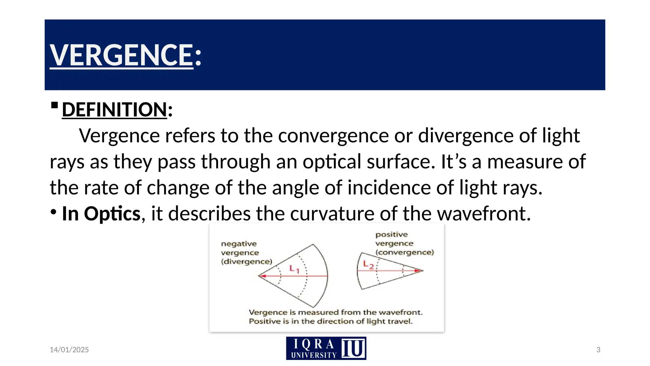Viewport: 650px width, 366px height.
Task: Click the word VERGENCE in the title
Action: (122, 55)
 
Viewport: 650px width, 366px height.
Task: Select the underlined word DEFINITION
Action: (114, 110)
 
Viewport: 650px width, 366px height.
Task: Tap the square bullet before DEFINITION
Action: (54, 105)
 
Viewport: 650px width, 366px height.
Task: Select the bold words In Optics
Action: (101, 213)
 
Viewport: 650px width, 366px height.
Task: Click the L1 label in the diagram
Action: (294, 269)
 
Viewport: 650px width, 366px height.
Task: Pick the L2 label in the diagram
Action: (368, 264)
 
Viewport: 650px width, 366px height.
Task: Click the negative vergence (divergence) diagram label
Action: (246, 253)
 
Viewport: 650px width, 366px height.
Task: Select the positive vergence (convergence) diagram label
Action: (404, 243)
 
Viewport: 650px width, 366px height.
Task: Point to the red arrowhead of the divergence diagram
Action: (262, 276)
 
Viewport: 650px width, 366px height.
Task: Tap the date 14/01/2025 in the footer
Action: (69, 350)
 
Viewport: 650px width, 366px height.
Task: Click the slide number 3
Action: (598, 350)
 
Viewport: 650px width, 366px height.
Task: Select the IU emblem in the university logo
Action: (353, 348)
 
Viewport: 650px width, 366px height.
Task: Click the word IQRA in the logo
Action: (314, 344)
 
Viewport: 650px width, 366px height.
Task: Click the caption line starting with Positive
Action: (330, 321)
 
